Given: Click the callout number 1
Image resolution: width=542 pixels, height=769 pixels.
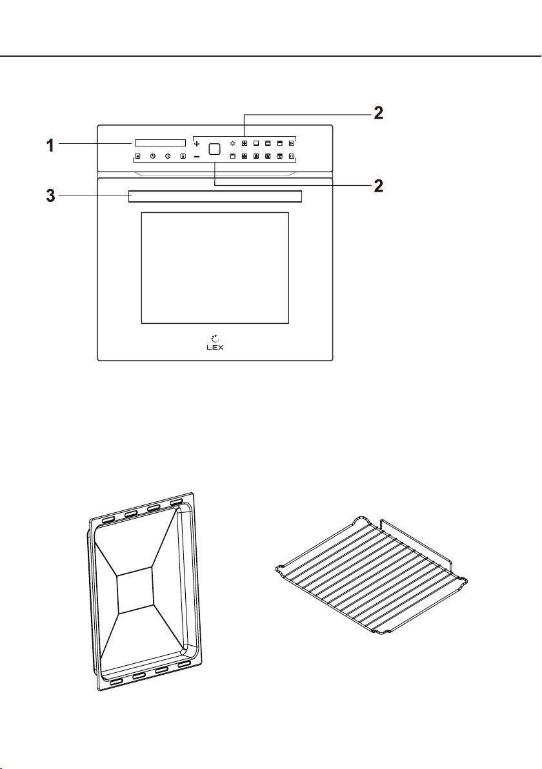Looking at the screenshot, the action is tap(50, 145).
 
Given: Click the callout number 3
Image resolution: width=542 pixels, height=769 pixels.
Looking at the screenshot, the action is tap(50, 197).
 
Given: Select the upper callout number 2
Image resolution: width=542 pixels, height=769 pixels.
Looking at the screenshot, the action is tap(378, 114).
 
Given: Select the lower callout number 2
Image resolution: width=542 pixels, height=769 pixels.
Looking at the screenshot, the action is tap(378, 186).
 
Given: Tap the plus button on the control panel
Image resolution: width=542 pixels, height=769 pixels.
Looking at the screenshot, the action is tap(197, 145).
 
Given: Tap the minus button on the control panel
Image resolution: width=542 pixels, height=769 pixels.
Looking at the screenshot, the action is tap(197, 157).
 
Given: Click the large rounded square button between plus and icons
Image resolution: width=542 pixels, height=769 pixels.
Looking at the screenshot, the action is tap(214, 149).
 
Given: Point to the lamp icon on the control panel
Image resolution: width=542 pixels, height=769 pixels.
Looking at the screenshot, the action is tap(232, 144).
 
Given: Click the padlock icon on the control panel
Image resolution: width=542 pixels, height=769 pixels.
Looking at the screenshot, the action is tap(138, 157).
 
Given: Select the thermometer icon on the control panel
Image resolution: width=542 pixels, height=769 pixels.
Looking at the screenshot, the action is tap(183, 157).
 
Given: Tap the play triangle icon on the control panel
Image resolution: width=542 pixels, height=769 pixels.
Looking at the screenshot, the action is tap(292, 144).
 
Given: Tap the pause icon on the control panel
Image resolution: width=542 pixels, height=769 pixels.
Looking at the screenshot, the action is tap(292, 157).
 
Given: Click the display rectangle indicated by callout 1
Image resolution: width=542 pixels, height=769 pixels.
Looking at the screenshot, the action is tap(159, 143).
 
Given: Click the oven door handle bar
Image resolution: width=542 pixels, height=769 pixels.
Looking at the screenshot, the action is tap(216, 196).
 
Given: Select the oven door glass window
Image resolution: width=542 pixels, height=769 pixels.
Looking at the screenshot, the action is tap(215, 268).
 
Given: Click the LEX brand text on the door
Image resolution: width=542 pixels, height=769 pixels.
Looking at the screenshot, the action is tap(215, 347).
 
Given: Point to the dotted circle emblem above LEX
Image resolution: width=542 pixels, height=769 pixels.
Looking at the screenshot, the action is tap(215, 338).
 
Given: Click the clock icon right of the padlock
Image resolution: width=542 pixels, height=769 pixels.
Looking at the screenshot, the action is tap(153, 157).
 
